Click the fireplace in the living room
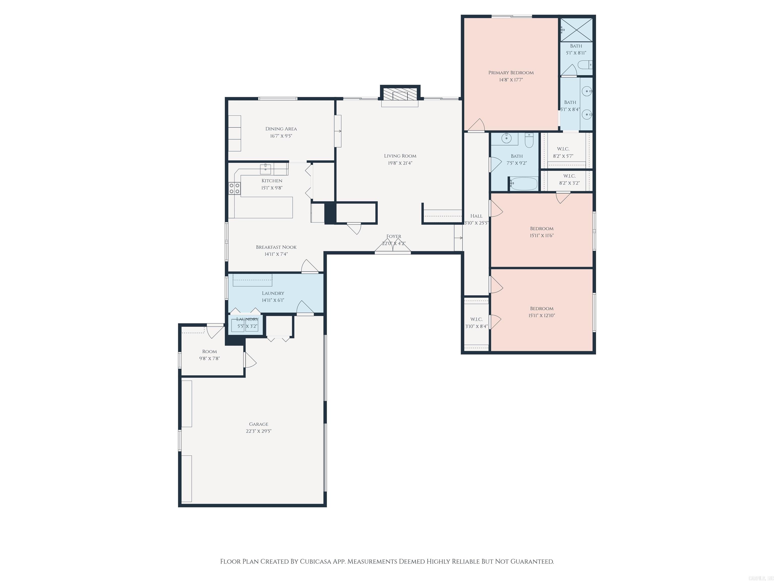coord(400,94)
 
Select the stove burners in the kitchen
coord(234,188)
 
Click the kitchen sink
coord(266,169)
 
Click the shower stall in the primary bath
coord(576,30)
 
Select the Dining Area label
coord(281,129)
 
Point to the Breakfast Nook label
coord(276,247)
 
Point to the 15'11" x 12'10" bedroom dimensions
coord(542,315)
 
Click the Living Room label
coord(400,156)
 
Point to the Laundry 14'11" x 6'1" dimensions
coord(273,300)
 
